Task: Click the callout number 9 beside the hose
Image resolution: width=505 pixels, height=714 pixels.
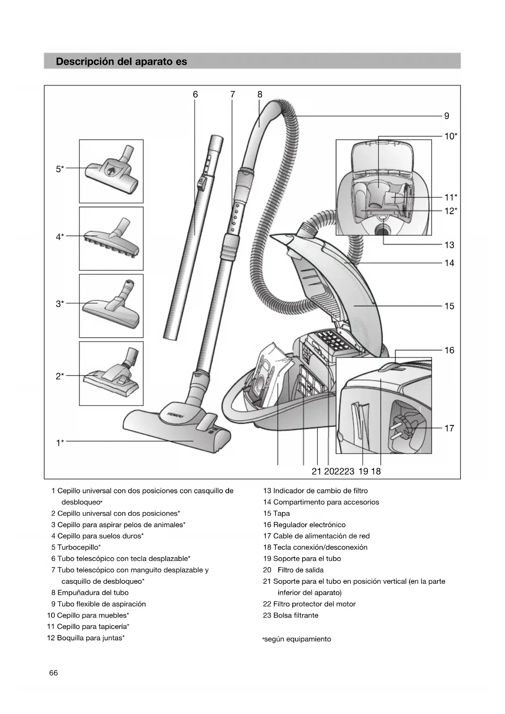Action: pos(446,116)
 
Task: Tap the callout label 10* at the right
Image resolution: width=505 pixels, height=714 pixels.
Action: pos(450,136)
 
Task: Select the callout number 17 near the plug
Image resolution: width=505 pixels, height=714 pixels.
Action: pos(449,428)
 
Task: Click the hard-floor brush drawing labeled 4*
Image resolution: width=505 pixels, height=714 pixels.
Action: pos(111,239)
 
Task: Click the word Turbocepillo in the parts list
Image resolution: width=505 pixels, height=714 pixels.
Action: pos(77,548)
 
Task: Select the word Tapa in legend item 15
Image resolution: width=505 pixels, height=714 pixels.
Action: pos(282,514)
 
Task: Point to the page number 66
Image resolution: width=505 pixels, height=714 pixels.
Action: pos(53,673)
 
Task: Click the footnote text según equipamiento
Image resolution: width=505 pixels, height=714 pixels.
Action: pos(297,639)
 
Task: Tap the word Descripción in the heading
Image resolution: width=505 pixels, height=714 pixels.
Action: pos(85,62)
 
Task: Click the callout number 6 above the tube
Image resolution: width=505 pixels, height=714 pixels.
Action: pos(195,94)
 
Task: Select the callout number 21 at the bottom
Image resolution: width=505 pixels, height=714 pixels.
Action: pos(316,471)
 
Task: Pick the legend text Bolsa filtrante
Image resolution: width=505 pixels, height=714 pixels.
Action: pos(296,615)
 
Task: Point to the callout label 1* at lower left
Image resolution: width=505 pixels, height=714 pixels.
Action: pos(60,443)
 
